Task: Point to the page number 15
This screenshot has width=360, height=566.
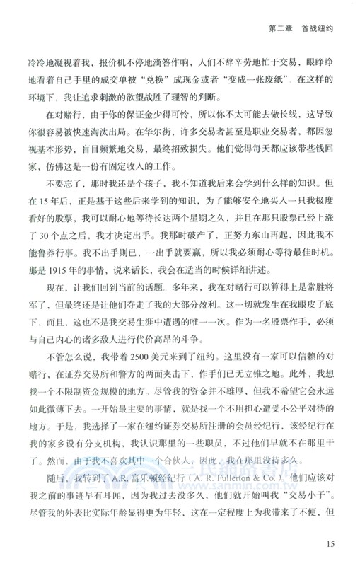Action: [x=327, y=544]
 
